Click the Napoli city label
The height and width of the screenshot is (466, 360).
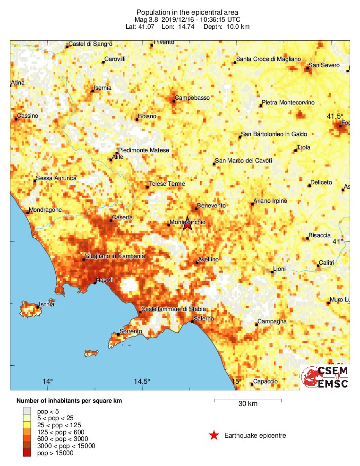click(x=104, y=280)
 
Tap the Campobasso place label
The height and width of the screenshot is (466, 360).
click(x=192, y=98)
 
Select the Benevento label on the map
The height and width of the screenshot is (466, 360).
click(x=211, y=206)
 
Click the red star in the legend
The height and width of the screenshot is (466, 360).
click(x=214, y=435)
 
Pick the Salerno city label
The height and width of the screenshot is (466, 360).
click(x=204, y=319)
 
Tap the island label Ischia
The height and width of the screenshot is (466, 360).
click(x=47, y=304)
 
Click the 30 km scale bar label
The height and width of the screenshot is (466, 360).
click(x=248, y=404)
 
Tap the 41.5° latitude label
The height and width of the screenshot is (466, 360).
click(x=335, y=116)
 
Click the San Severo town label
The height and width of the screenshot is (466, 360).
click(x=324, y=65)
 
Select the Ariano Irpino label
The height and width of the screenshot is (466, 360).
click(x=270, y=201)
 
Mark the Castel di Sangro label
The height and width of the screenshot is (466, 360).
click(x=90, y=44)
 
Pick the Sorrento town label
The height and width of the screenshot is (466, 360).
click(x=131, y=331)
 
